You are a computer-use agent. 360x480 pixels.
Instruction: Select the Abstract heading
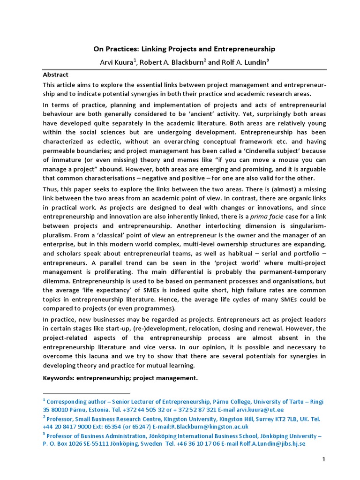tap(55, 75)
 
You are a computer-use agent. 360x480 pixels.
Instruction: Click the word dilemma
tap(58, 281)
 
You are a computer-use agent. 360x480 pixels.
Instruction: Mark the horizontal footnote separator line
tap(86, 393)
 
